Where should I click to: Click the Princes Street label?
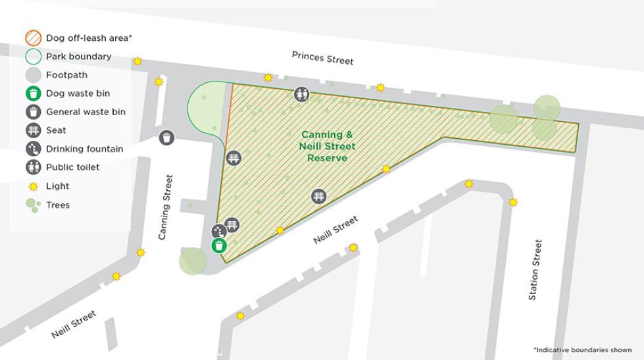point(322,58)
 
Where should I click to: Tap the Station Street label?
point(535,270)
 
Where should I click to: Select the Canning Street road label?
point(167,207)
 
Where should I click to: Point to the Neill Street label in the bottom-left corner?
point(74,324)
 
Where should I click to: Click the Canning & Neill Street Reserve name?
point(326,146)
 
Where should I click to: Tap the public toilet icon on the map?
point(301,95)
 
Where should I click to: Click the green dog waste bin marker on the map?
point(219,246)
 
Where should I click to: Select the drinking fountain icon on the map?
point(218,231)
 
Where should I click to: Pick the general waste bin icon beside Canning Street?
point(167,138)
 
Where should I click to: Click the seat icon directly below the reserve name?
point(318,196)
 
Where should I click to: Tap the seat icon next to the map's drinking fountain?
point(232,225)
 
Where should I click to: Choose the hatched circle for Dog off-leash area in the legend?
point(34,38)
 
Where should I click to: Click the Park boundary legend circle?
point(34,57)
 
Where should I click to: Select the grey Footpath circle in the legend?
point(34,75)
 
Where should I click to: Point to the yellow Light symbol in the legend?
point(34,186)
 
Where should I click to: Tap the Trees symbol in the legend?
point(34,205)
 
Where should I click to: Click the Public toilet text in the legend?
point(72,167)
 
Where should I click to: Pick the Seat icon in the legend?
point(34,130)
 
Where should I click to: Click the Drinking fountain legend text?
point(84,149)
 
